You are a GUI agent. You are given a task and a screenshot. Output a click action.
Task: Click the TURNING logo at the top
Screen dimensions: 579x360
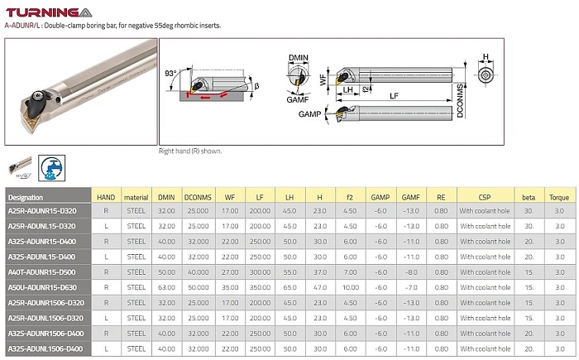pos(49,12)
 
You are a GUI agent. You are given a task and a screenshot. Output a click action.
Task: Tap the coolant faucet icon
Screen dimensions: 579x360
pos(51,168)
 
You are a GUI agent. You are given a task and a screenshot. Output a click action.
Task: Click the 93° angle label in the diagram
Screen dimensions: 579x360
pos(170,73)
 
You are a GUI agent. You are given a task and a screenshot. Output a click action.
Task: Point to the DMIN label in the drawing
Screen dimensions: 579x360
pos(299,58)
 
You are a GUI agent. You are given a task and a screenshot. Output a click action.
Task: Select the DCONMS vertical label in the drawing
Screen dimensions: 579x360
pos(460,101)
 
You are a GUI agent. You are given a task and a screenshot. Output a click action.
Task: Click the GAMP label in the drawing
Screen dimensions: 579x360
pos(309,114)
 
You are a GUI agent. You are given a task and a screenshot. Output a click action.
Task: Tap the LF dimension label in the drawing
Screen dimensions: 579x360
pos(394,96)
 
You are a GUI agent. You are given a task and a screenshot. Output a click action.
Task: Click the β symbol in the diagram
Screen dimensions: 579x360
pos(256,86)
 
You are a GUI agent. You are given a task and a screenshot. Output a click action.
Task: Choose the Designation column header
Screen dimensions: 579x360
pos(26,197)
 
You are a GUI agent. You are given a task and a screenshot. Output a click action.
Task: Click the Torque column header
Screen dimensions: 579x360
pos(558,197)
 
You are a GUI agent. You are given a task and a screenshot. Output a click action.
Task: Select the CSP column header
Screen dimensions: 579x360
pos(485,197)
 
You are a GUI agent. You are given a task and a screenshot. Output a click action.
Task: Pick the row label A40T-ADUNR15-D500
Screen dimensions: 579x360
pos(41,272)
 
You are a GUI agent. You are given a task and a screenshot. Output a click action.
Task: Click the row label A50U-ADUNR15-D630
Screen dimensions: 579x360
pos(42,287)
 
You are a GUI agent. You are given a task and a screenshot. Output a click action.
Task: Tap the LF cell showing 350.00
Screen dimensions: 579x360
pos(260,287)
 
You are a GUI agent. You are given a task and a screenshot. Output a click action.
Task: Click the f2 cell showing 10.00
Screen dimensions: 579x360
pos(350,287)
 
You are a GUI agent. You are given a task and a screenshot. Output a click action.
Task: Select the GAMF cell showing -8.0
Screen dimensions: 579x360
pos(411,272)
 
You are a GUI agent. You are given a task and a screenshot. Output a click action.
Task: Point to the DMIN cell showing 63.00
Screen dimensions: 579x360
pos(166,287)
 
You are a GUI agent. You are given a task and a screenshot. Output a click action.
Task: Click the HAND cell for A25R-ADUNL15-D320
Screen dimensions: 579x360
pos(106,226)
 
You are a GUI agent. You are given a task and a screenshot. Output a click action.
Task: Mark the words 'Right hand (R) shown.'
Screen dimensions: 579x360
pos(190,151)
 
